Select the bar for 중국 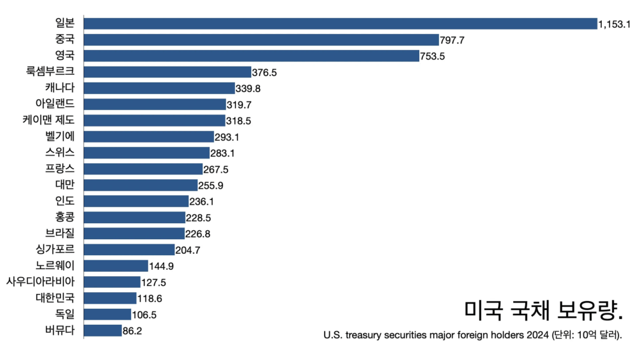click(261, 40)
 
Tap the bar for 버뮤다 click(103, 331)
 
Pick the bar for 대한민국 click(110, 298)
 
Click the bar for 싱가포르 click(129, 249)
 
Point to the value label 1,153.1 click(615, 24)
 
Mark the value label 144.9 click(162, 266)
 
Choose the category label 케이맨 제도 click(49, 120)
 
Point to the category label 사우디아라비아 click(40, 281)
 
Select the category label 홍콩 click(65, 217)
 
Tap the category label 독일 click(65, 314)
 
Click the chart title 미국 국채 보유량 click(543, 309)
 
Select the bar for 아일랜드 click(155, 104)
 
